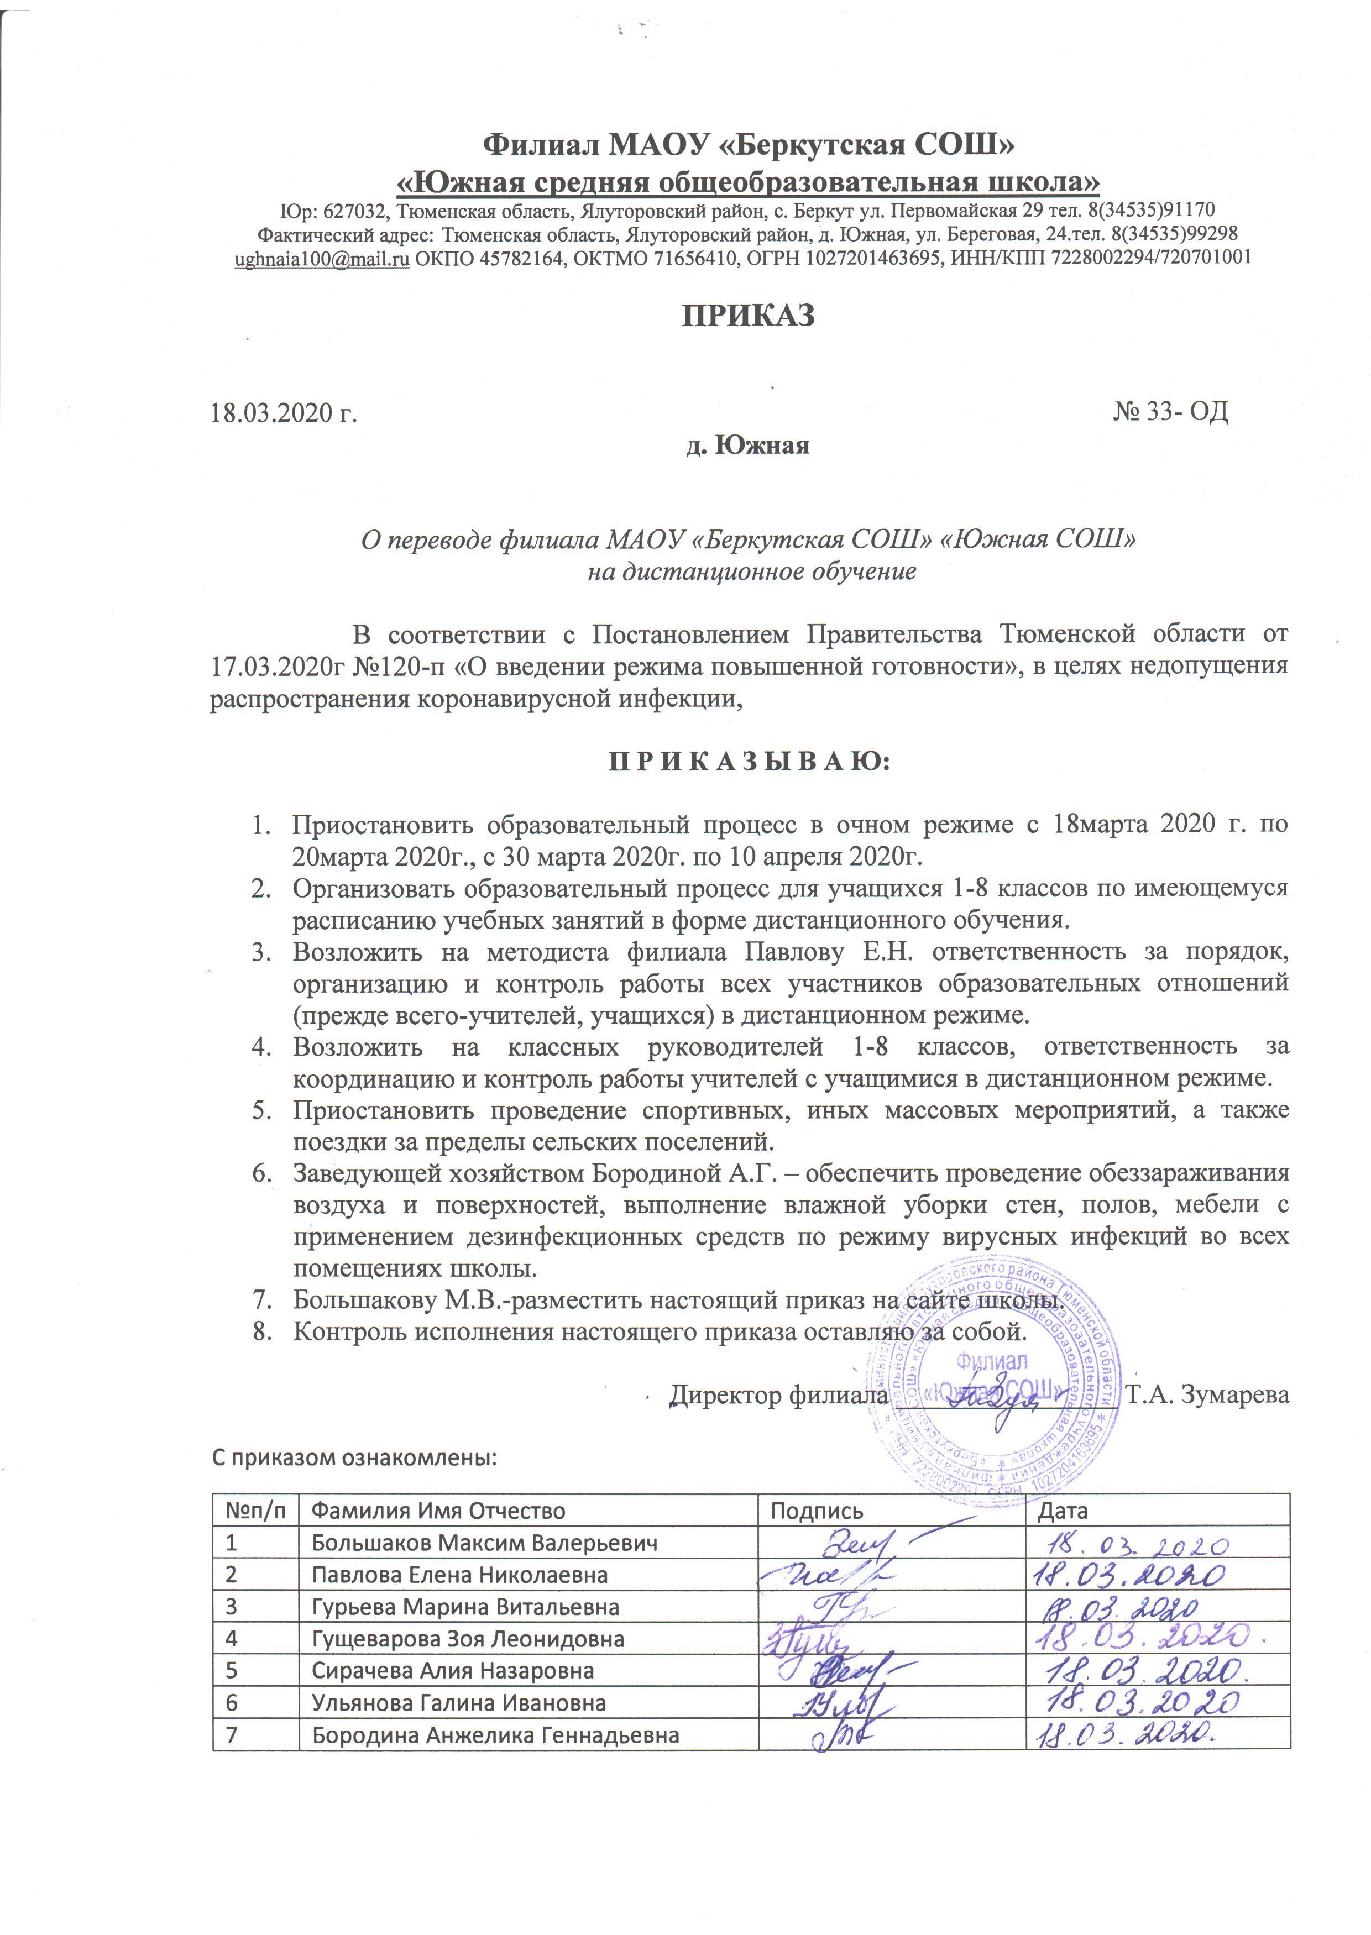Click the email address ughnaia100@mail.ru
[322, 258]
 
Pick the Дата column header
[1063, 1512]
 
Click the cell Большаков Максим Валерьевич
[485, 1544]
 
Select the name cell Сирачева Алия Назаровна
[453, 1671]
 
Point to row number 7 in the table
[231, 1735]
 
